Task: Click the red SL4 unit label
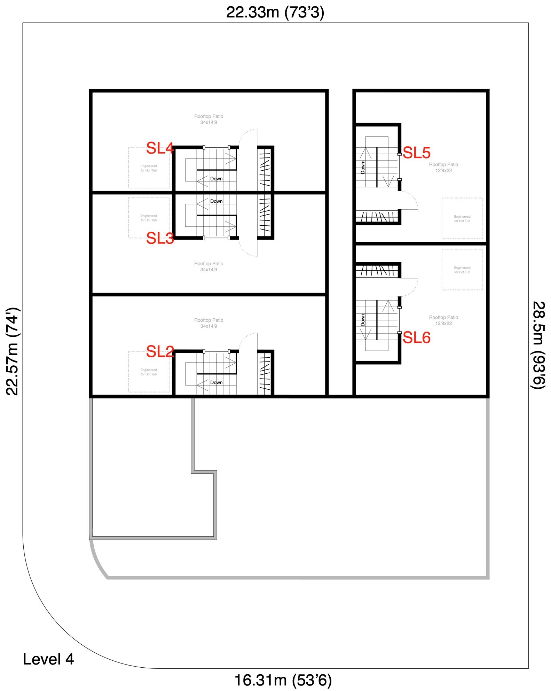tap(160, 148)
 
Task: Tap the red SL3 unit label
tap(160, 239)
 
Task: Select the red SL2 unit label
tap(160, 352)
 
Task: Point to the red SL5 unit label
tap(417, 153)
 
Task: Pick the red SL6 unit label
tap(417, 338)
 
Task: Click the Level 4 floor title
tap(48, 659)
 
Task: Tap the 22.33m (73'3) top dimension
tap(275, 13)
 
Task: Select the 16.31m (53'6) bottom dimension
tap(283, 680)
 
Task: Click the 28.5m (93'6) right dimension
tap(538, 345)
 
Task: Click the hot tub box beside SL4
tap(149, 168)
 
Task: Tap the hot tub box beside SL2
tap(149, 372)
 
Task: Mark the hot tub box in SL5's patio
tap(462, 218)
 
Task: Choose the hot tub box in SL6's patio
tap(462, 270)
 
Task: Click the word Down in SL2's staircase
tap(216, 382)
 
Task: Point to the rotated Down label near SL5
tap(363, 167)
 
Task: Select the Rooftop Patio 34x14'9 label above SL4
tap(208, 119)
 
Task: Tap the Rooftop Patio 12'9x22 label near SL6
tap(443, 320)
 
